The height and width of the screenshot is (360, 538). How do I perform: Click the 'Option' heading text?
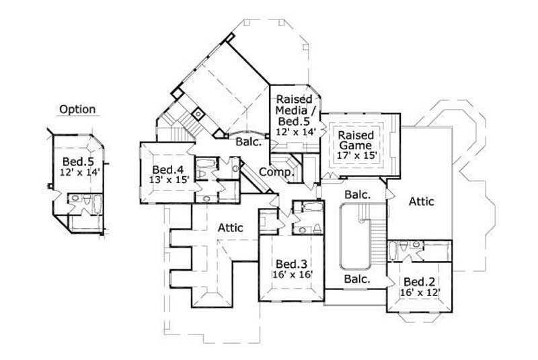click(x=77, y=109)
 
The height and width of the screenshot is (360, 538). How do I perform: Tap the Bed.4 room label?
click(x=163, y=169)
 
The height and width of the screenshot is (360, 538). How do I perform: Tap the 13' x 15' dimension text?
click(x=170, y=179)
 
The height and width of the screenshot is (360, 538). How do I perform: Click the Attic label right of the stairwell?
click(x=421, y=201)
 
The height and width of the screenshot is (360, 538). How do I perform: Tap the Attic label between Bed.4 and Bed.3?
click(x=230, y=229)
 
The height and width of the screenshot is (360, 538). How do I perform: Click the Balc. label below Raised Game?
click(x=357, y=194)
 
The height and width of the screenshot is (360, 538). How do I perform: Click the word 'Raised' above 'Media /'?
click(x=293, y=100)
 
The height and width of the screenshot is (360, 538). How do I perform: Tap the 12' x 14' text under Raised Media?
click(x=295, y=133)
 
